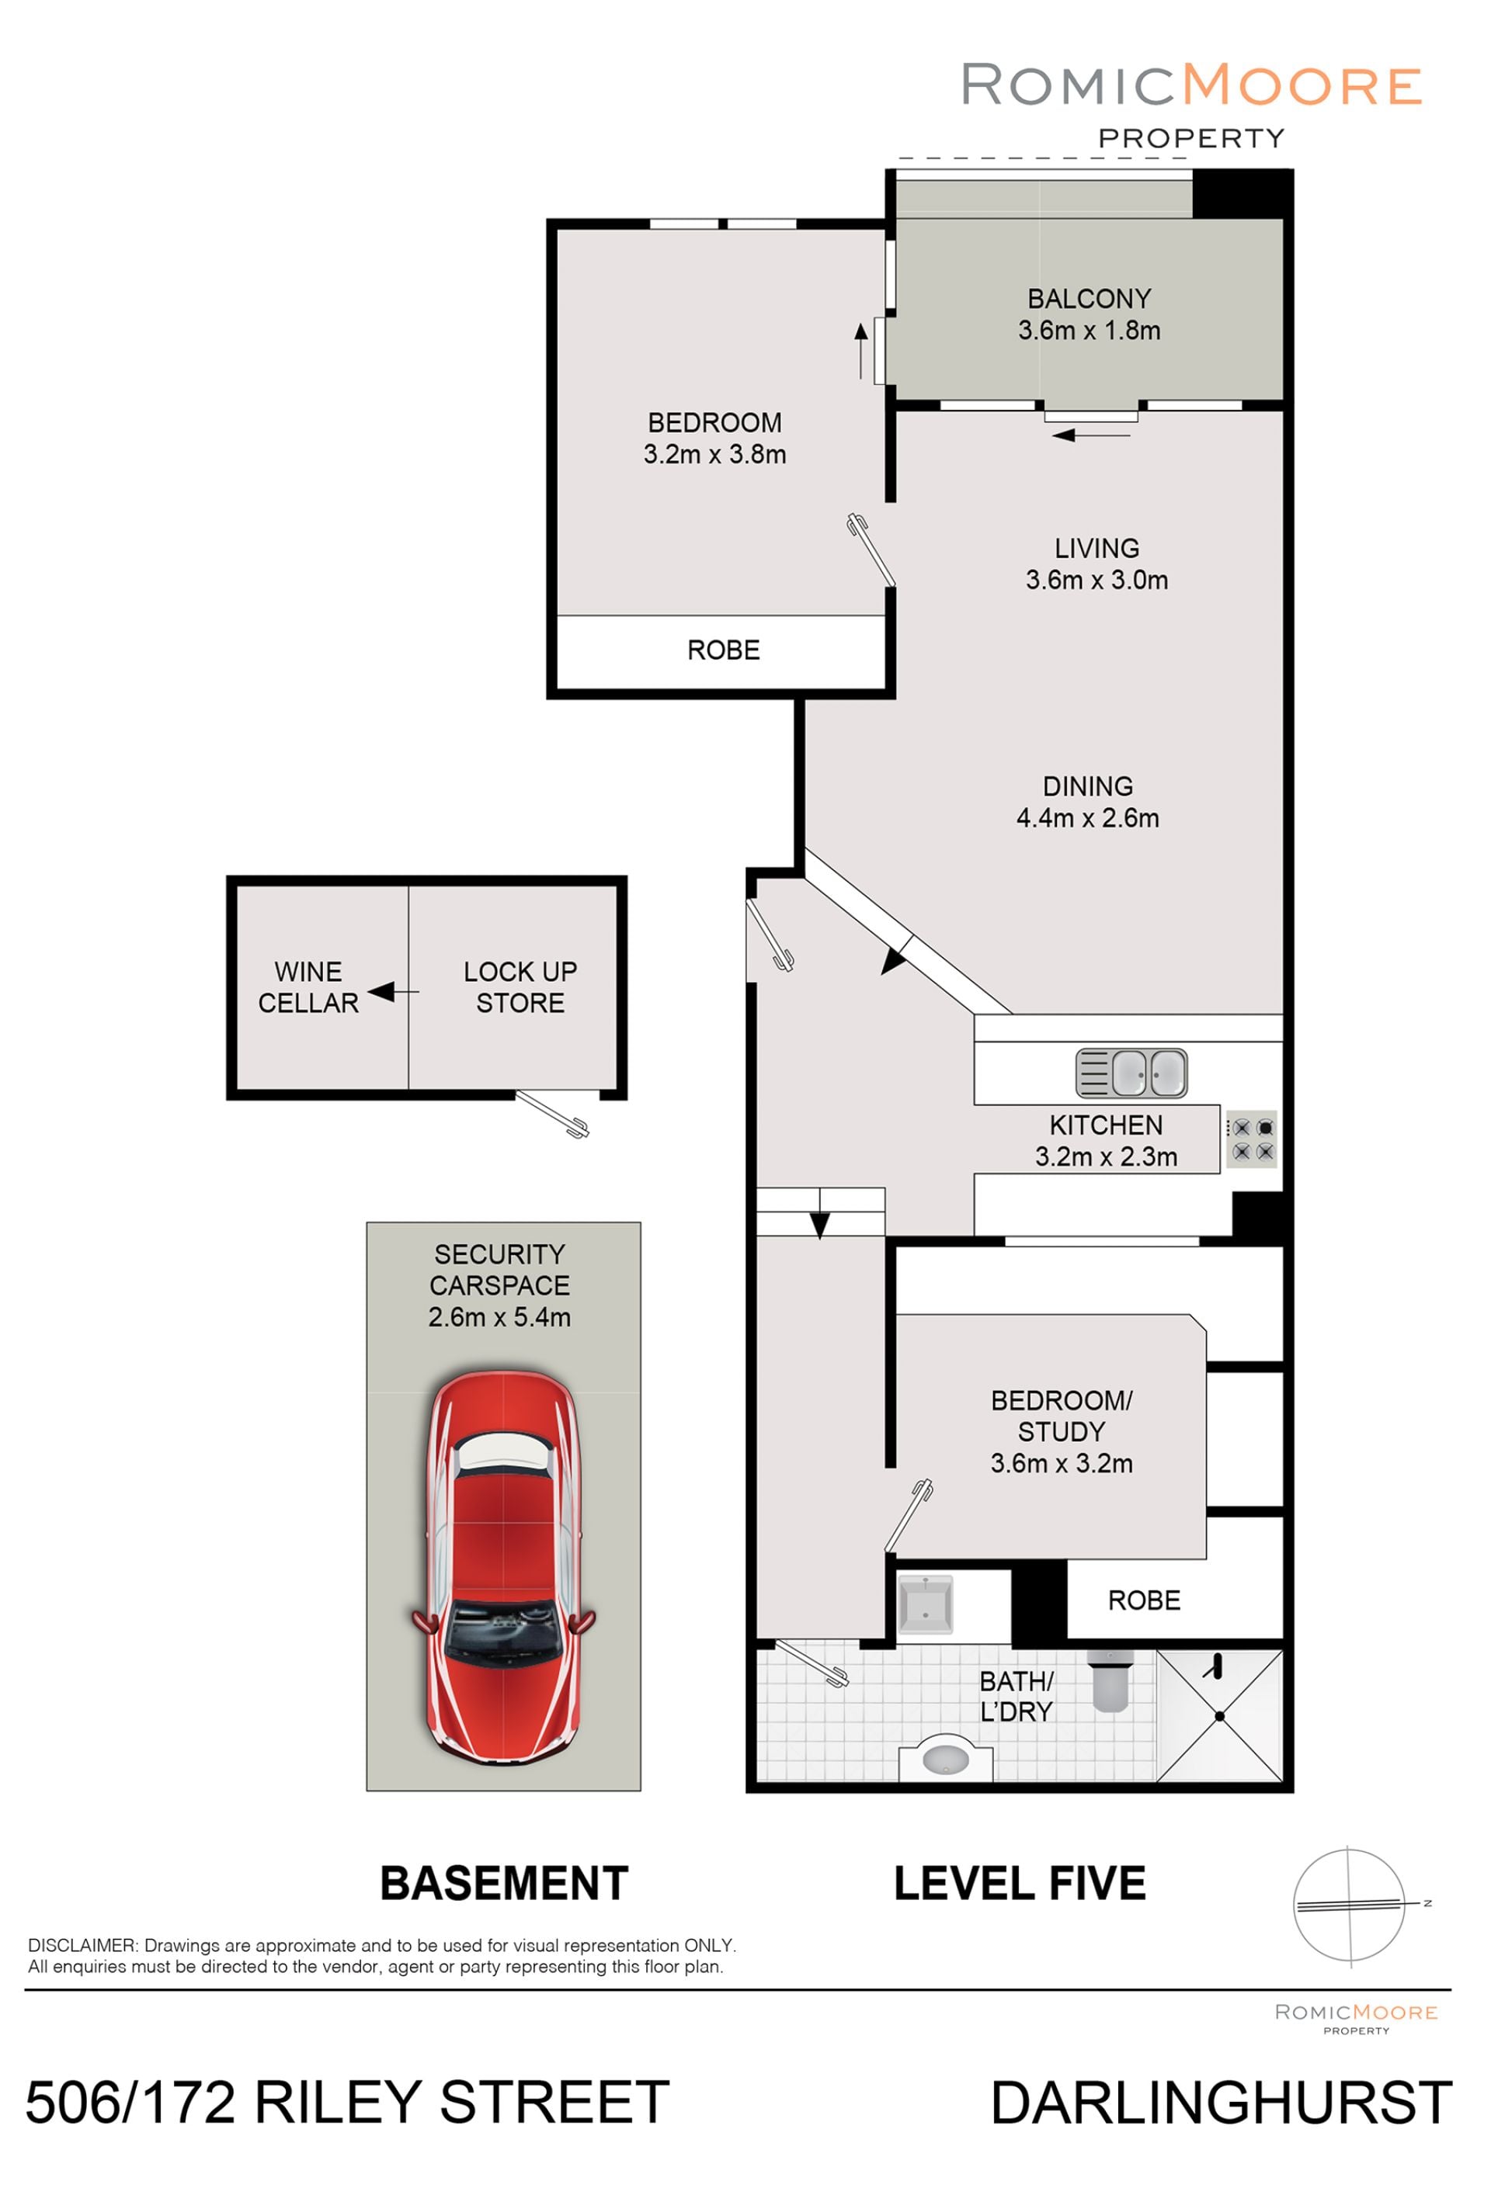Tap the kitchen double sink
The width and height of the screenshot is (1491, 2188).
(x=1131, y=1073)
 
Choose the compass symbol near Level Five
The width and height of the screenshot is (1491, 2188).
(x=1353, y=1905)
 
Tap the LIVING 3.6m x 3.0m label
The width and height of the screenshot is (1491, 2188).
(x=1097, y=564)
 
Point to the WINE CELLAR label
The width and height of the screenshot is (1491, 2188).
(x=308, y=987)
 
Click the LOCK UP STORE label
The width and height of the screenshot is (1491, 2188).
(x=520, y=987)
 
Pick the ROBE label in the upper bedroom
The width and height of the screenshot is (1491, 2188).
(x=723, y=650)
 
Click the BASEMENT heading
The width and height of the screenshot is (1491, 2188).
(x=504, y=1883)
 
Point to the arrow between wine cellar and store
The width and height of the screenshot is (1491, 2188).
(x=393, y=991)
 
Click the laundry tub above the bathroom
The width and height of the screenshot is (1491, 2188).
(x=925, y=1604)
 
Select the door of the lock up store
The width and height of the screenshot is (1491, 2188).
(x=552, y=1113)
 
